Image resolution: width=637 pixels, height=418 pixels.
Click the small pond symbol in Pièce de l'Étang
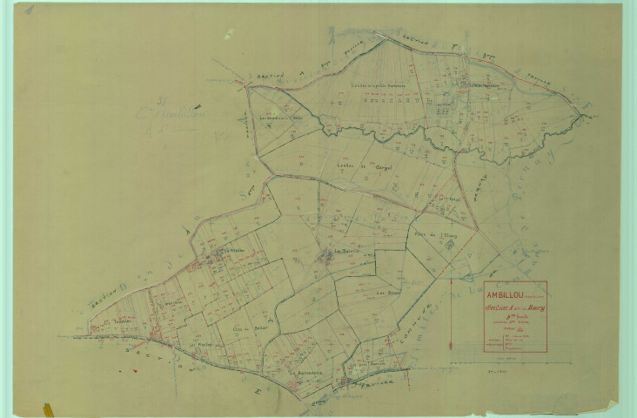(449, 245)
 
